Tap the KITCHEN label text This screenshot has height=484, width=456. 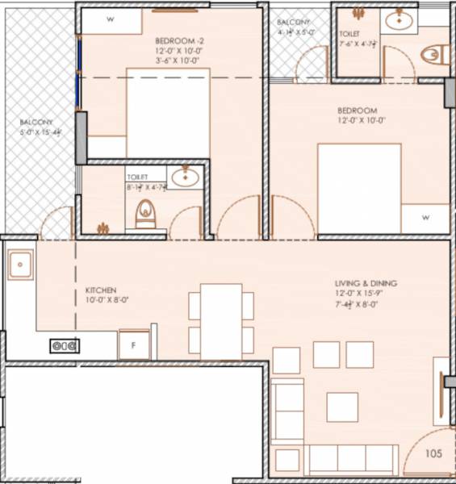coord(102,290)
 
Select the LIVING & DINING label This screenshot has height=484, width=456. coord(366,284)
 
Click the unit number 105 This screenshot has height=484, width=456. coord(433,454)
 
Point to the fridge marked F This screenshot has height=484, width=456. coord(134,344)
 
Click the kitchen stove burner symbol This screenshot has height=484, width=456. coord(65,345)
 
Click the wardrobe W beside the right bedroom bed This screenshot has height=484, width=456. coord(425,218)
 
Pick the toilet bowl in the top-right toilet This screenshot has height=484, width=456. coord(433,54)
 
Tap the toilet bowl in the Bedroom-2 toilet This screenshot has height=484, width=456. coord(146,214)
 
